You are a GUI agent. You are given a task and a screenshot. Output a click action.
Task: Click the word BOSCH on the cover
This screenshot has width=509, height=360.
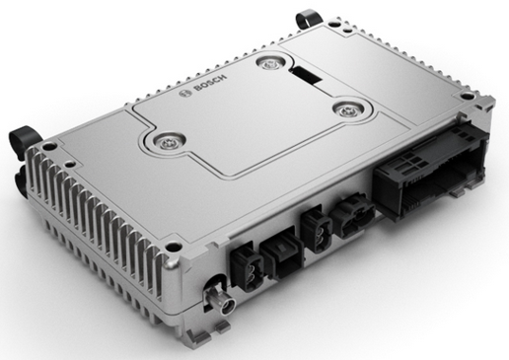210,83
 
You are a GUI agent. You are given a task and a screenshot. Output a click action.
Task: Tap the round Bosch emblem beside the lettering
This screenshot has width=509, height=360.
185,94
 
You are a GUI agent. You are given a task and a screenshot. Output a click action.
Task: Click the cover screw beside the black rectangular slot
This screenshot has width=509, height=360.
270,64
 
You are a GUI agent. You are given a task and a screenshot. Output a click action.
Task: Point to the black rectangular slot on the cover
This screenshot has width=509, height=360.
307,75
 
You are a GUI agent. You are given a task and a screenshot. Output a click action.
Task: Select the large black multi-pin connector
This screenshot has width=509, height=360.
431,169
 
